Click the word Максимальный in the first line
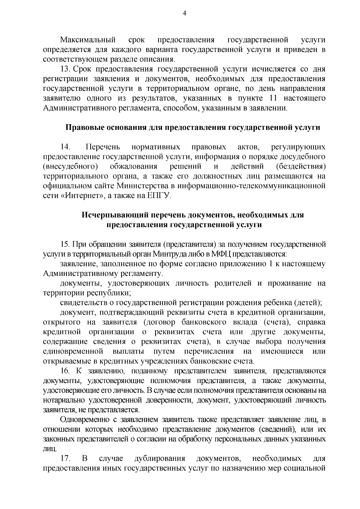(88, 40)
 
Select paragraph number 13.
(65, 69)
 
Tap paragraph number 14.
(65, 147)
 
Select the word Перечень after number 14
(103, 147)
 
